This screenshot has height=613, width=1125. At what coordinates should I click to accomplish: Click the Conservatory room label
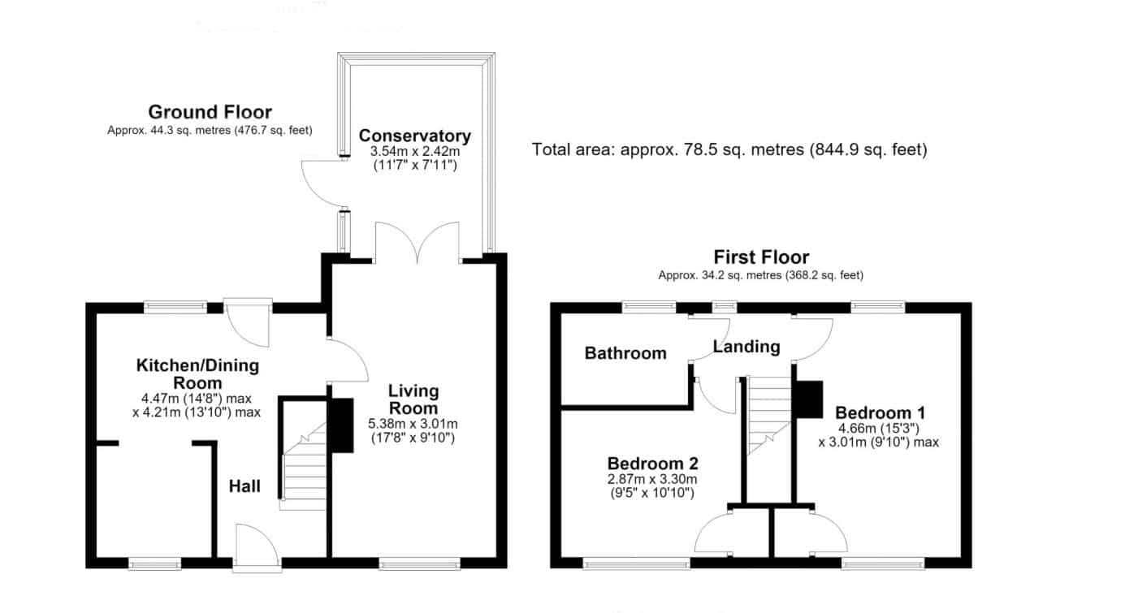[415, 136]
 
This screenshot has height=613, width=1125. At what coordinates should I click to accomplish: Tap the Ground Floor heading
[210, 112]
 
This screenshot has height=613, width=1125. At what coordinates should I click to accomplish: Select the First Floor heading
[761, 257]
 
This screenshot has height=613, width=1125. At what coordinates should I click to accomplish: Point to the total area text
[729, 149]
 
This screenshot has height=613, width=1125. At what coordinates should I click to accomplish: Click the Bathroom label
[625, 353]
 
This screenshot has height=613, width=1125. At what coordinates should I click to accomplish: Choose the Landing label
[746, 347]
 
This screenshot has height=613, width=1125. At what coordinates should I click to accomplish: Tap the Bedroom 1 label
[880, 412]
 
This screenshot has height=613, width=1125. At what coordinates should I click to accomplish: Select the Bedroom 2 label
[653, 463]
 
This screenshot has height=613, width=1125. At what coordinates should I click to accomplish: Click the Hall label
[244, 486]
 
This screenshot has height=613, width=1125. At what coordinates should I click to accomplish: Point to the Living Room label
[413, 399]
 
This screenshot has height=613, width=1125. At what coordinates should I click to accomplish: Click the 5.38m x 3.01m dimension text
[413, 424]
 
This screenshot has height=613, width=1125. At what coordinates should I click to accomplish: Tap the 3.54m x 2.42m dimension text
[415, 151]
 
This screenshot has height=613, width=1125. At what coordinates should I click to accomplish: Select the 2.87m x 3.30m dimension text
[652, 480]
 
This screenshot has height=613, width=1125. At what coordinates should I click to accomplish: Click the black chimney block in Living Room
[341, 425]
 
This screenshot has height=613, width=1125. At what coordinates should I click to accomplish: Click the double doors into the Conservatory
[418, 242]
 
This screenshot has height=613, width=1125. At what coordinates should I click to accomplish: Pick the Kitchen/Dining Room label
[197, 374]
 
